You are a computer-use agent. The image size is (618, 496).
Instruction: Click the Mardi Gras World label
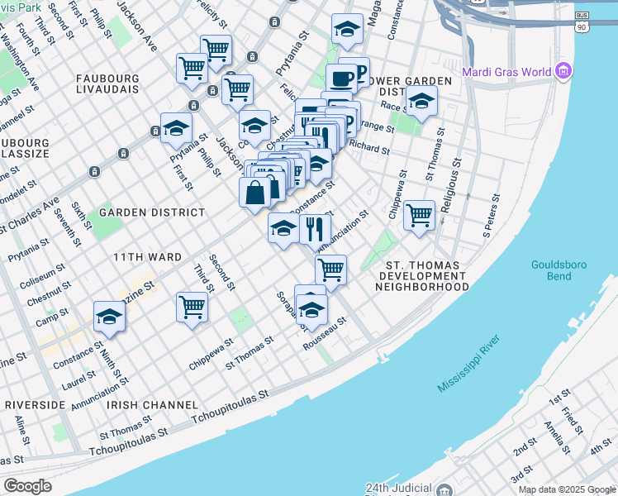(x=506, y=71)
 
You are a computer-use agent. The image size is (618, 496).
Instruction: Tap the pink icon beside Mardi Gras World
(x=564, y=71)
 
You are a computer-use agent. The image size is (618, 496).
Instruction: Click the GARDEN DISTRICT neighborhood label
(x=151, y=212)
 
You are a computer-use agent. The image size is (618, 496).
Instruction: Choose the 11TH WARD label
(x=147, y=257)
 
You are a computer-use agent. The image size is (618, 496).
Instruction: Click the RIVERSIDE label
(x=35, y=405)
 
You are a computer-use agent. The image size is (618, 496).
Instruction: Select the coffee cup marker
(x=340, y=80)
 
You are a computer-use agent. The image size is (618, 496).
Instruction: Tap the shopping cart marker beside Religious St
(x=420, y=216)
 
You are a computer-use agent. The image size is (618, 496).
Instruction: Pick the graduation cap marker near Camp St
(x=109, y=316)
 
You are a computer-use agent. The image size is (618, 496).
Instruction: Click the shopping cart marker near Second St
(x=192, y=307)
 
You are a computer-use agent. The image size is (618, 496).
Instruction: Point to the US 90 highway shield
(x=582, y=27)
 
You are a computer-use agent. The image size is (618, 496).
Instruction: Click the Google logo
(x=27, y=486)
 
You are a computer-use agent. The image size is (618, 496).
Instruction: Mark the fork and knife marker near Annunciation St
(x=314, y=228)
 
